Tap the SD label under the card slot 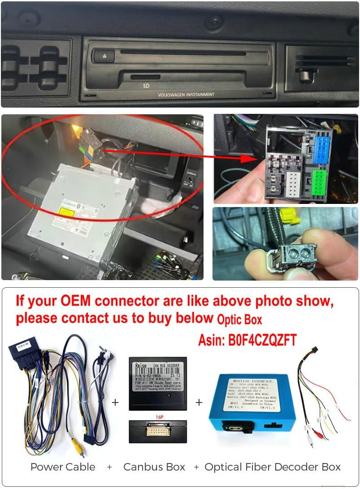point(146,85)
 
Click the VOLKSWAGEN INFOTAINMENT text point(186,95)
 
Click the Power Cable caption point(63,467)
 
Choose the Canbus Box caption point(154,467)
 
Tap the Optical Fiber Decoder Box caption point(273,467)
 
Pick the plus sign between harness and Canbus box point(115,402)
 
